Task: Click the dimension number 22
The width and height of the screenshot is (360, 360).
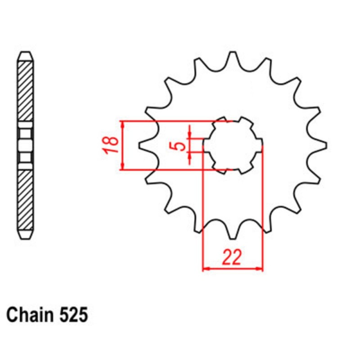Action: [x=233, y=257]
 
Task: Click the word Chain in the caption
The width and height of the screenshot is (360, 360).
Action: [x=32, y=315]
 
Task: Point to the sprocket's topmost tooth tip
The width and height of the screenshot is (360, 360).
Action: [x=233, y=53]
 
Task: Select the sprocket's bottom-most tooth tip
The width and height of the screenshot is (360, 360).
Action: [x=233, y=238]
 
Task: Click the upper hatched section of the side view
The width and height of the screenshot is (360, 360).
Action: [x=25, y=90]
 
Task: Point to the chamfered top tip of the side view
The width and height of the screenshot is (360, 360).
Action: [x=25, y=53]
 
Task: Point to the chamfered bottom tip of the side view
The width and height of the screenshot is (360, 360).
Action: [x=25, y=237]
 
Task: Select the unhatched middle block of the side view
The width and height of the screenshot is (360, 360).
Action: [x=25, y=145]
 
